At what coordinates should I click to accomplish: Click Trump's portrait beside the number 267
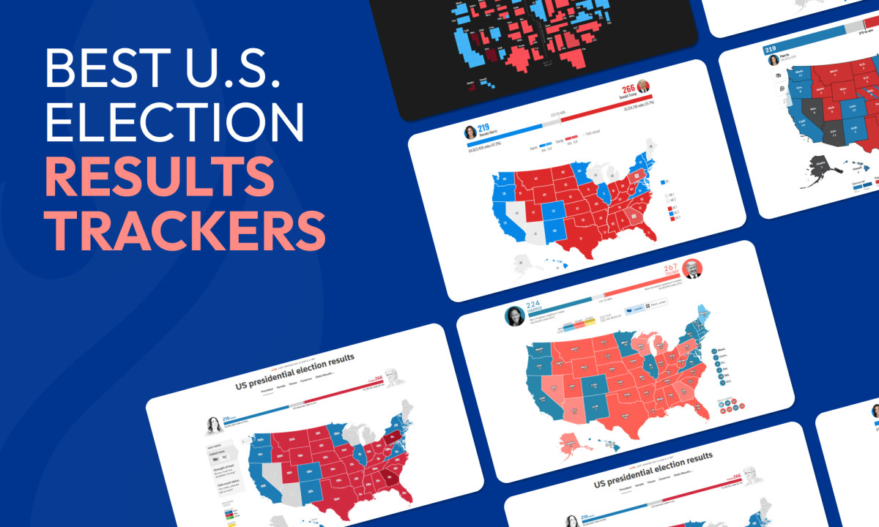[691, 268]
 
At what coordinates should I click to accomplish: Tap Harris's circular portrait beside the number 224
[515, 316]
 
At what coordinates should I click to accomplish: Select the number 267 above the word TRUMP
[667, 270]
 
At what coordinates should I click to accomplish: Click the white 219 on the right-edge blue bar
[771, 51]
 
